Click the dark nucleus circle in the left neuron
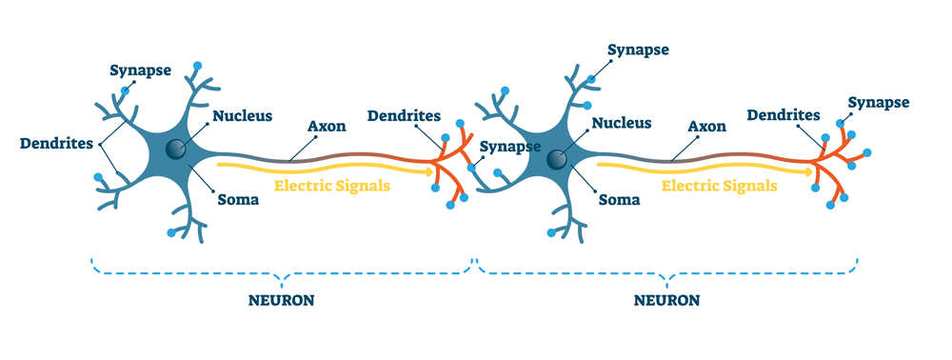click(x=175, y=149)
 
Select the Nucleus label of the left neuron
click(x=242, y=116)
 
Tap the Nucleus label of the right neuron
click(x=621, y=123)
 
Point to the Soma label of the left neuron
click(x=238, y=200)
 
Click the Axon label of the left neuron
click(x=327, y=126)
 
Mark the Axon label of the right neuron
click(x=706, y=126)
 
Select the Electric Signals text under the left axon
click(x=331, y=186)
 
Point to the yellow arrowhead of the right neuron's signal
click(x=810, y=172)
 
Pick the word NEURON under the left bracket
click(x=283, y=299)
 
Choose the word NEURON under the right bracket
click(x=666, y=299)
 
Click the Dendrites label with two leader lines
click(x=56, y=144)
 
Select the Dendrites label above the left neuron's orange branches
click(x=404, y=116)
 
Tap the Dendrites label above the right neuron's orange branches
click(x=783, y=115)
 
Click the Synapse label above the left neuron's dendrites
click(x=142, y=70)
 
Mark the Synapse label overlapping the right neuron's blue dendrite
click(x=510, y=147)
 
